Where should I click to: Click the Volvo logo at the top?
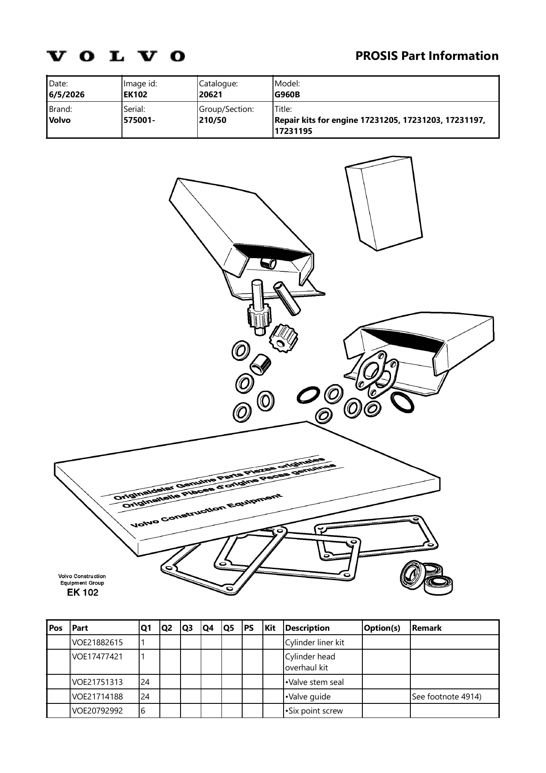pyautogui.click(x=116, y=56)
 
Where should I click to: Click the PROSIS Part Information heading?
pyautogui.click(x=427, y=56)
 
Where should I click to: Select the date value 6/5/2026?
pyautogui.click(x=67, y=95)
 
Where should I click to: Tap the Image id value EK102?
pyautogui.click(x=135, y=95)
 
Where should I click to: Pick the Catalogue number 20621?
pyautogui.click(x=210, y=95)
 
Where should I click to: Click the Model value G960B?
pyautogui.click(x=287, y=95)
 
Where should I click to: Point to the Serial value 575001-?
pyautogui.click(x=139, y=120)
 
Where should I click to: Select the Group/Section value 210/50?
pyautogui.click(x=213, y=120)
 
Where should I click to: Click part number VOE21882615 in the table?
pyautogui.click(x=98, y=642)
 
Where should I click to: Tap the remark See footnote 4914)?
pyautogui.click(x=446, y=696)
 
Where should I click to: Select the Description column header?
pyautogui.click(x=307, y=628)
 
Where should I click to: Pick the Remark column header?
pyautogui.click(x=427, y=628)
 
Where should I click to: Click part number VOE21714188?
pyautogui.click(x=98, y=696)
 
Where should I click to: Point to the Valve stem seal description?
pyautogui.click(x=314, y=682)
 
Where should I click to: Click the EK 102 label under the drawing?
pyautogui.click(x=82, y=592)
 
